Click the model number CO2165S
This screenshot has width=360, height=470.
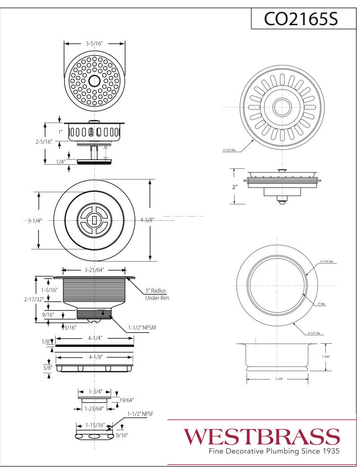click(303, 19)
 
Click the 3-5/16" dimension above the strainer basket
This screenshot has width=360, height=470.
click(95, 43)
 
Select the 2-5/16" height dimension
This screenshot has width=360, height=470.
click(43, 141)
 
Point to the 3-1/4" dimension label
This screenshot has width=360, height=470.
click(35, 220)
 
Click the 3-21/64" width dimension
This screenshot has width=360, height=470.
click(95, 270)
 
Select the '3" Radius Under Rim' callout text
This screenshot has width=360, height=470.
click(157, 294)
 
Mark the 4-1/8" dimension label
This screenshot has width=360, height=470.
click(95, 357)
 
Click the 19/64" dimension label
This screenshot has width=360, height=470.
click(126, 400)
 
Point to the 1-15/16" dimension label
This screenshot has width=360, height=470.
click(94, 425)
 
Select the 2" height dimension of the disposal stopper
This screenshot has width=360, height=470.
click(234, 187)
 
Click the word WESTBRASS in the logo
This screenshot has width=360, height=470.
click(262, 436)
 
